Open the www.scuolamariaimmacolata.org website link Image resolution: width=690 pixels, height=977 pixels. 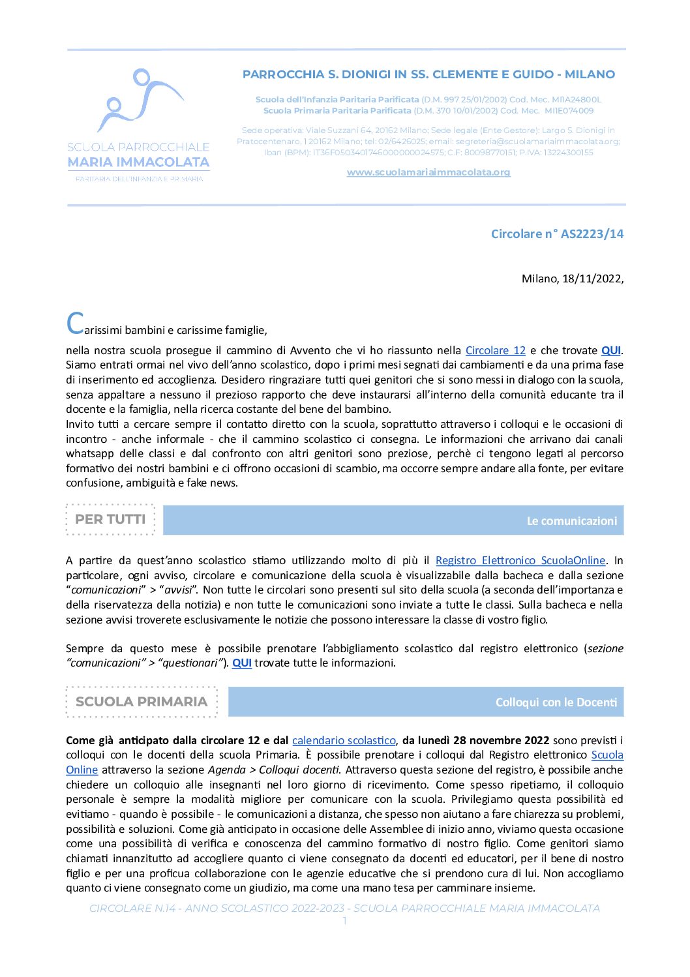[428, 172]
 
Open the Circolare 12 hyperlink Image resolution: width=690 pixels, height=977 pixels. [495, 350]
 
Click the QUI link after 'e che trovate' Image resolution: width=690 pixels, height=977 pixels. [610, 350]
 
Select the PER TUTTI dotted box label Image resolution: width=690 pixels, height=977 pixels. [110, 519]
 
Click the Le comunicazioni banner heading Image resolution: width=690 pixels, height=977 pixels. [571, 520]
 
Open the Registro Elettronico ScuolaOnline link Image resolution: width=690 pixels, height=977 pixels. [520, 560]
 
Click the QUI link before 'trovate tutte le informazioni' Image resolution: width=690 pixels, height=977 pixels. [242, 663]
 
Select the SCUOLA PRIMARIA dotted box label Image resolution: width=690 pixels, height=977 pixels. [142, 702]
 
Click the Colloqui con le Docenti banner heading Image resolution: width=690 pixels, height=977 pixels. [556, 702]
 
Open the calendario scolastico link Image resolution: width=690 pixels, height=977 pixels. [344, 740]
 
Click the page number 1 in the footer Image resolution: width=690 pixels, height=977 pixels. [344, 921]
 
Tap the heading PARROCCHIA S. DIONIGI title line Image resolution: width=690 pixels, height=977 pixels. [428, 74]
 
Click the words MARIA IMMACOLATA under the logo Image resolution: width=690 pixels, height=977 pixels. [138, 162]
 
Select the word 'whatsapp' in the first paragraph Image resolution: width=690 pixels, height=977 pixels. [87, 453]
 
